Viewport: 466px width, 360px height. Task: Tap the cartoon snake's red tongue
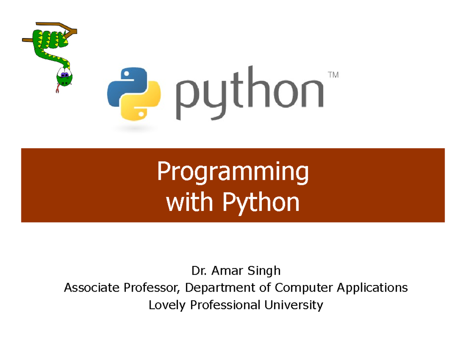57,89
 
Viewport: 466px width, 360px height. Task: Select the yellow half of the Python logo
141,101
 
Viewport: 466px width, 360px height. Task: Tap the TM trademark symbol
333,75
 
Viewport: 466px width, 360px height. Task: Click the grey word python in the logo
250,93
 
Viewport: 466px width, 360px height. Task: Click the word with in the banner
190,202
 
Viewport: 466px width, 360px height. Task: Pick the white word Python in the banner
261,203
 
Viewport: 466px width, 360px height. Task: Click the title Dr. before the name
199,271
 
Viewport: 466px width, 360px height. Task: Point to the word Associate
92,287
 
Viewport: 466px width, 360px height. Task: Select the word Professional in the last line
225,305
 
